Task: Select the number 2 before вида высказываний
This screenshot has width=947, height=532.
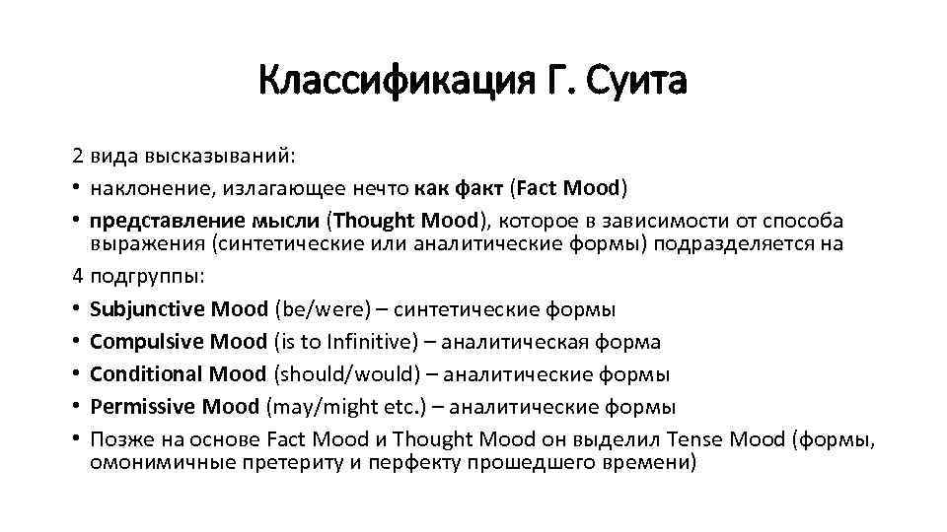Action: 76,156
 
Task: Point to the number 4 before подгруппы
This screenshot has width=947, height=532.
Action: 76,278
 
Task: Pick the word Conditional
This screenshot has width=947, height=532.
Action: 146,373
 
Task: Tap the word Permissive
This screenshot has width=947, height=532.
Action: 143,406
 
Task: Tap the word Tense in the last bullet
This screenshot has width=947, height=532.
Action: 696,438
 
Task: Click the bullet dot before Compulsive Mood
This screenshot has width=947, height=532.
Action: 76,343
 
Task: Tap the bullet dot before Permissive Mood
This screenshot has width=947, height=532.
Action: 76,407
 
